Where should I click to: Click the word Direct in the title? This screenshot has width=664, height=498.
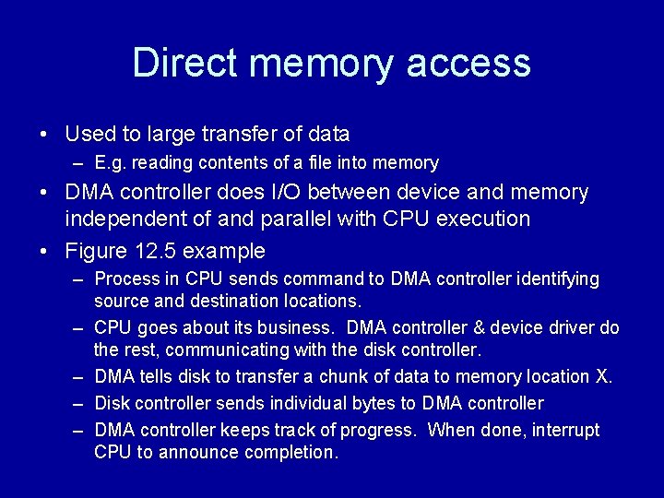[x=184, y=63]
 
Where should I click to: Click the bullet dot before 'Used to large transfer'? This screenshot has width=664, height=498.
[x=44, y=135]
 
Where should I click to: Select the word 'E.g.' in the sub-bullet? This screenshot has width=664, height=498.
[x=113, y=163]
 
